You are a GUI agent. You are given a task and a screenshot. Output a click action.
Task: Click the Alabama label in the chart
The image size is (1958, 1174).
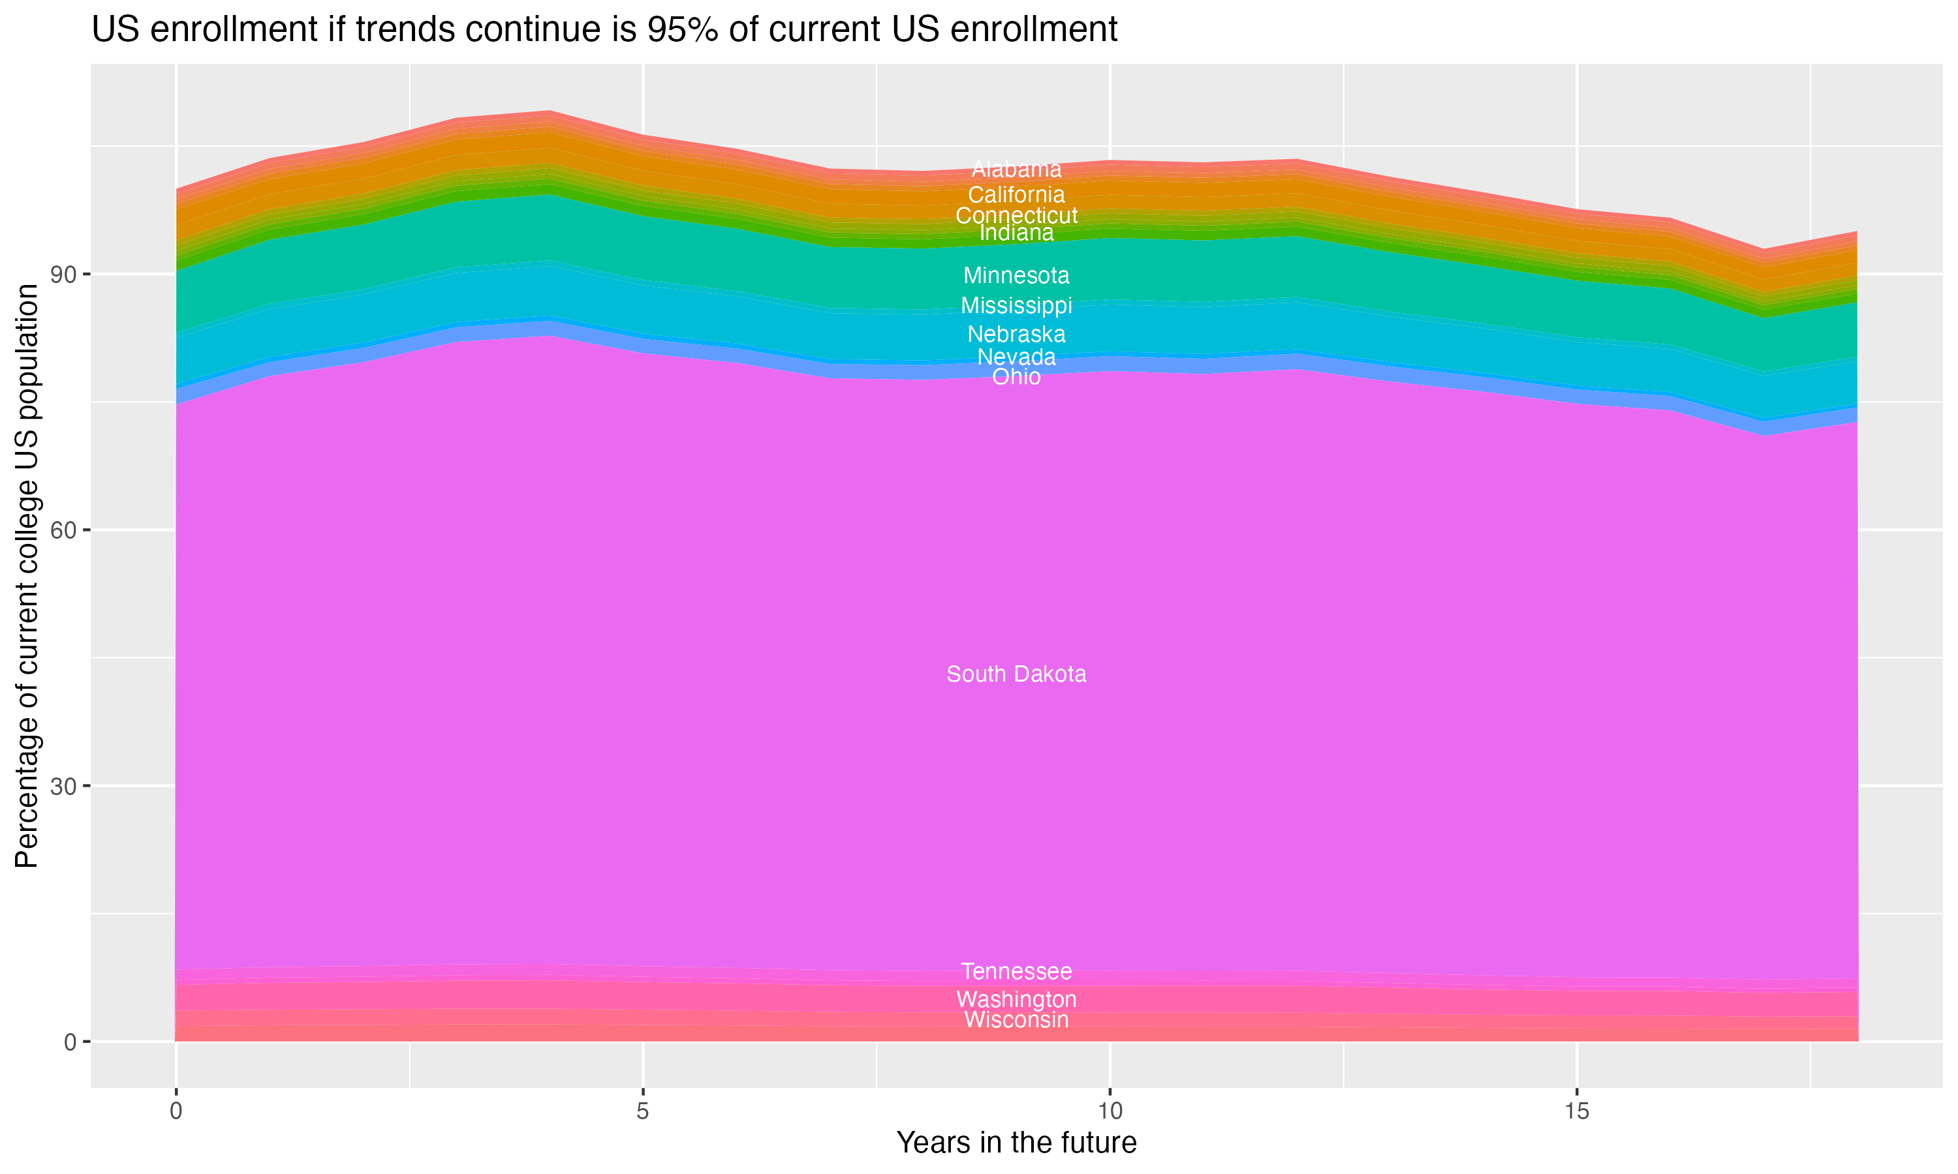coord(1016,170)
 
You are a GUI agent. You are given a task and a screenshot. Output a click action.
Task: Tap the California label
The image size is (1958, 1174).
coord(1016,194)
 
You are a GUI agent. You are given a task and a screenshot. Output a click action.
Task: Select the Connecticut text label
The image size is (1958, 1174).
coord(1016,215)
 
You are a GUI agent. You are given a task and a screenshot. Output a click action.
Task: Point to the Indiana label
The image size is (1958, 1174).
coord(1016,233)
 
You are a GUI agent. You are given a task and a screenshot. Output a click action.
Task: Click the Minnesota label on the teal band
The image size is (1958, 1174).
coord(1016,275)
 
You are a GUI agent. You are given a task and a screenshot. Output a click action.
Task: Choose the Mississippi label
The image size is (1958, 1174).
coord(1016,305)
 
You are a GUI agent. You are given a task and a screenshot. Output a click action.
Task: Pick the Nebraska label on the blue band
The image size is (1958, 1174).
coord(1016,334)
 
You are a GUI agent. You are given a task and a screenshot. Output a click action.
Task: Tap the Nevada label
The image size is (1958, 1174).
coord(1016,357)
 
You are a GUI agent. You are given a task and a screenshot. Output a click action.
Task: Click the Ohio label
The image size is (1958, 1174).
coord(1016,376)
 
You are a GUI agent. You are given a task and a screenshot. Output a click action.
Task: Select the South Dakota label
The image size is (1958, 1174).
coord(1016,674)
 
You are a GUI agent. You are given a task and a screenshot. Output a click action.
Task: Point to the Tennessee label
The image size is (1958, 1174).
coord(1016,971)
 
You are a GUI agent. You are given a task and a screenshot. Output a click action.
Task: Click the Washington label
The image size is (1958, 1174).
coord(1016,999)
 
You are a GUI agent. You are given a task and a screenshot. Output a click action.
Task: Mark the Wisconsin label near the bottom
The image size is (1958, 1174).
coord(1016,1019)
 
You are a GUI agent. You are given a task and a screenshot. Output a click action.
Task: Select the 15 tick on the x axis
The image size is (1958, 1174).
coord(1577,1111)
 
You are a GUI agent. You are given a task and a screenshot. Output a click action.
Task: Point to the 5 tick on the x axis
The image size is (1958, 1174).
coord(643,1111)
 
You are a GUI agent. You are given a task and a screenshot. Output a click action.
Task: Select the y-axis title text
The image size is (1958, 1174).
coord(27,576)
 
